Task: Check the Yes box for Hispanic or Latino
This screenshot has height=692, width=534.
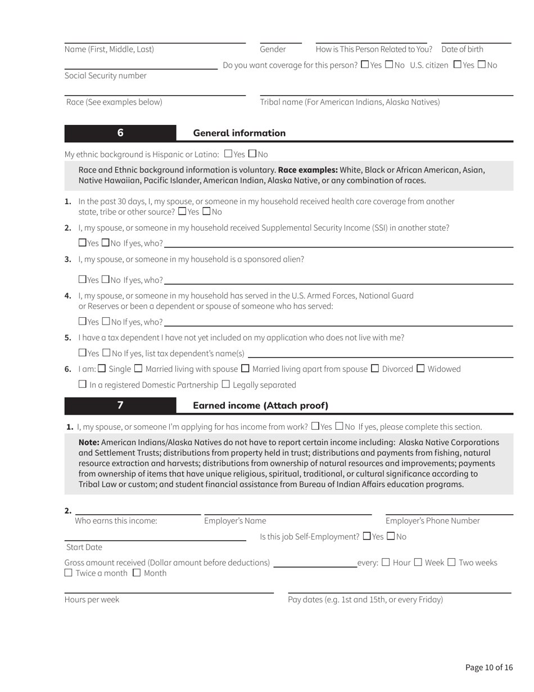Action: [228, 153]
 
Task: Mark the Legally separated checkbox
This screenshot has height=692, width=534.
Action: [226, 384]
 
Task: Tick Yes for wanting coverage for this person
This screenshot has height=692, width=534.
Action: [365, 64]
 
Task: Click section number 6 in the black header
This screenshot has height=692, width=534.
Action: [120, 133]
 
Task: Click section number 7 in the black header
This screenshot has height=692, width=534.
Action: [120, 405]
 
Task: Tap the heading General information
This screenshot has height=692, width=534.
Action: [239, 133]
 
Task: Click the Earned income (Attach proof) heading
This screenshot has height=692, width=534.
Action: [260, 405]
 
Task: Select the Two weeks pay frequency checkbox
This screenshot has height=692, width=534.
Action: [451, 562]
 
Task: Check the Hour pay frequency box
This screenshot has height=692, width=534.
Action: [385, 562]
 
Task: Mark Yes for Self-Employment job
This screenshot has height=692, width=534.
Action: [367, 536]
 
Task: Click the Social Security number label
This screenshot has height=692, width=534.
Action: [105, 75]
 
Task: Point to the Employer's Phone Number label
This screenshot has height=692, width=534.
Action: [432, 520]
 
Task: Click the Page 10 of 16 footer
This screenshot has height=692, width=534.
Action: [489, 667]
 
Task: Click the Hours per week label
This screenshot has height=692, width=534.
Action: [92, 599]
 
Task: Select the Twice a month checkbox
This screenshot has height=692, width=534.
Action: [69, 573]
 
